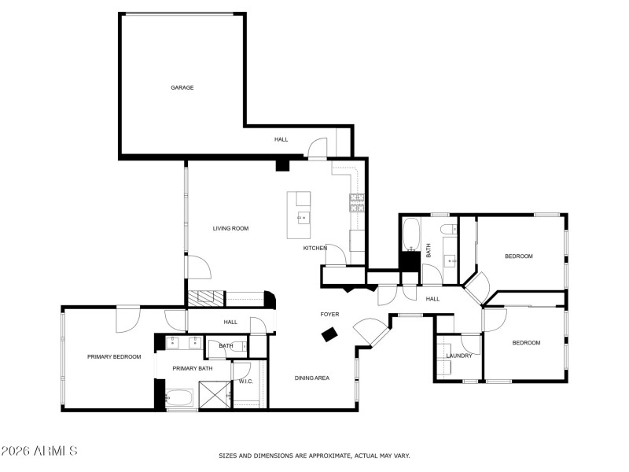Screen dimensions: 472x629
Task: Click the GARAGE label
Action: [x=182, y=87]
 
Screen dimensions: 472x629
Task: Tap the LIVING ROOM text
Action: [x=230, y=229]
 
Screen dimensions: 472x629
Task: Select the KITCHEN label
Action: [x=315, y=249]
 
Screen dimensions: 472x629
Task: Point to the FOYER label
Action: [x=329, y=315]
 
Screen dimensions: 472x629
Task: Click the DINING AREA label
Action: [x=311, y=378]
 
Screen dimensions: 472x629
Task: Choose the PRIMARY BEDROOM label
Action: [x=114, y=357]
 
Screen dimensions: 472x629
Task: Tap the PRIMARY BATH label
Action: [x=193, y=368]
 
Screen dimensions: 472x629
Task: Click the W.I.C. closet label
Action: [x=245, y=382]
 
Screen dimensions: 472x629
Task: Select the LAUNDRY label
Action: [x=459, y=356]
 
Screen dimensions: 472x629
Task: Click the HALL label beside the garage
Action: [x=281, y=139]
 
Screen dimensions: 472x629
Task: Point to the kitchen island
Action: [x=299, y=215]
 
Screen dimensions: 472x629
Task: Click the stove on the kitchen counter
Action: [x=356, y=202]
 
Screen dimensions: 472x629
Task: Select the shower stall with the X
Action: [x=213, y=394]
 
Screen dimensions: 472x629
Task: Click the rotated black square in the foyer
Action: [x=329, y=334]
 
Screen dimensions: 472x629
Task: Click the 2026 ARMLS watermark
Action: [x=39, y=452]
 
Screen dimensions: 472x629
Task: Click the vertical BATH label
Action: [x=429, y=250]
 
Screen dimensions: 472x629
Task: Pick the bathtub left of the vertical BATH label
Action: [x=411, y=234]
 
